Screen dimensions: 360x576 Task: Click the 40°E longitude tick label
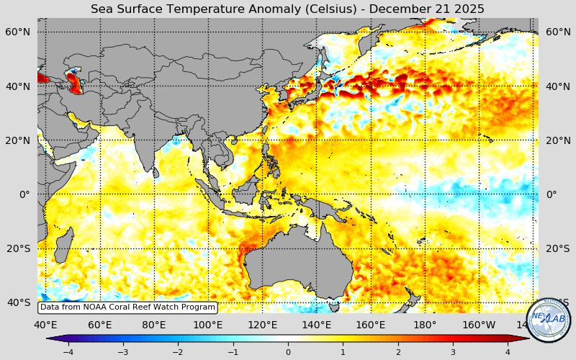[45, 325]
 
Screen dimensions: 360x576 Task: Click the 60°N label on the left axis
[18, 32]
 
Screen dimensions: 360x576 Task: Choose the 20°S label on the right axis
[558, 248]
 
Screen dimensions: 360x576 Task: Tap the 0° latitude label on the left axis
[24, 194]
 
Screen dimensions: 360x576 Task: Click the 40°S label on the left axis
[18, 302]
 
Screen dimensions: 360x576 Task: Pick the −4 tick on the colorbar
[68, 352]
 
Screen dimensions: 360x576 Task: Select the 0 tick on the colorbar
[288, 352]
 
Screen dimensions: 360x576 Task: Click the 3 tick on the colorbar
[454, 352]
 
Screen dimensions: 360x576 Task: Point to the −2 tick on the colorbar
[178, 352]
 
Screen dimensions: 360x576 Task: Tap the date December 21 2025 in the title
[429, 9]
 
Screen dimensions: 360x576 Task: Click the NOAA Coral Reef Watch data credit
[127, 307]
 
